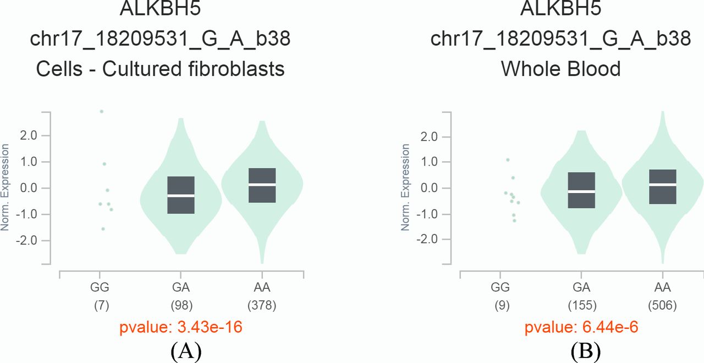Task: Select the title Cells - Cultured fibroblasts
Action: point(160,69)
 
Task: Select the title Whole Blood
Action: point(560,69)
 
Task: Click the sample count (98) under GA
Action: point(180,305)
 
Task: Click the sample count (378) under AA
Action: point(262,305)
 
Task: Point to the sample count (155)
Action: point(581,305)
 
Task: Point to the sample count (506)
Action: point(662,305)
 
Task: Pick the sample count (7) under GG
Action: point(100,305)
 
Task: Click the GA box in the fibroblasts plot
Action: point(181,195)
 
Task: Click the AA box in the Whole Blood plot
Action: point(663,186)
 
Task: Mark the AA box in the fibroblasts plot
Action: point(262,185)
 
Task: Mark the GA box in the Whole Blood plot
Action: point(581,190)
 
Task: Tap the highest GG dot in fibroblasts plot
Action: point(101,111)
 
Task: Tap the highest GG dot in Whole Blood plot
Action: point(508,159)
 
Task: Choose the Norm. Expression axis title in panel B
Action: point(406,187)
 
